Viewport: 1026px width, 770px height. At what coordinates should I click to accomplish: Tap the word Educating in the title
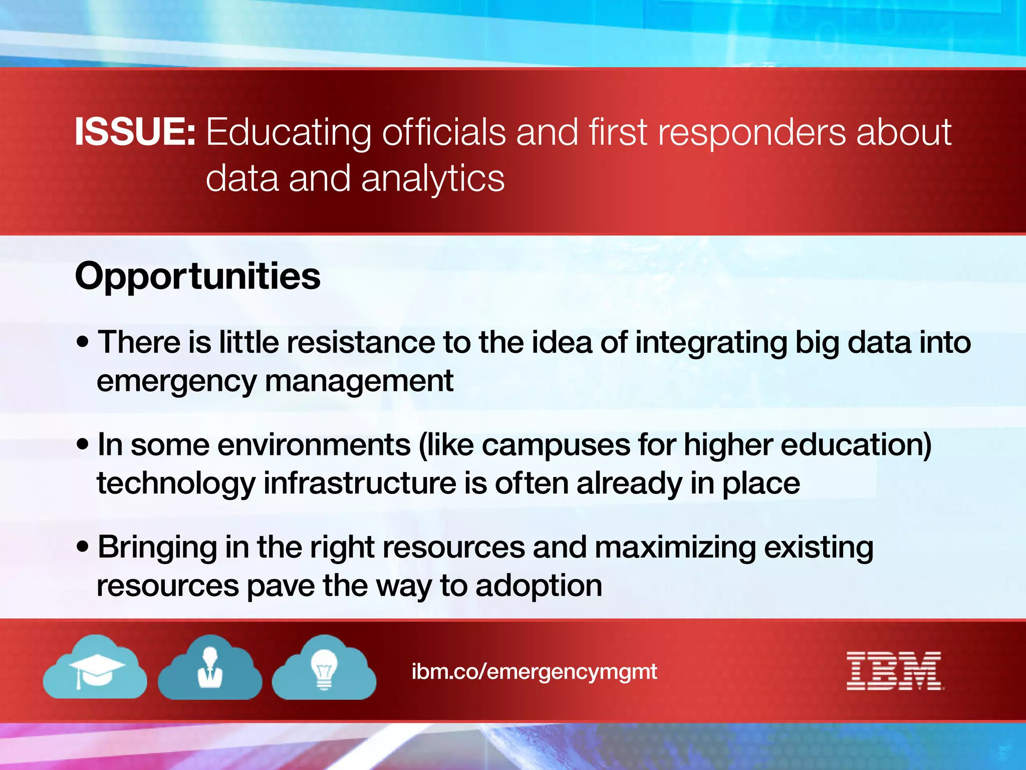[289, 133]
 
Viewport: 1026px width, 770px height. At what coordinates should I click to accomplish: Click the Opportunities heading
[197, 277]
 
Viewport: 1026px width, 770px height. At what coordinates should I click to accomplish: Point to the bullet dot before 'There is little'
[83, 342]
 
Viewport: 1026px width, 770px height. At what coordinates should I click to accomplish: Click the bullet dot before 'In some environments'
[83, 444]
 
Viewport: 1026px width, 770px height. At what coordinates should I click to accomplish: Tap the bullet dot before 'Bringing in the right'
[83, 547]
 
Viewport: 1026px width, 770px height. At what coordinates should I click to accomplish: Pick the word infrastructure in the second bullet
[360, 483]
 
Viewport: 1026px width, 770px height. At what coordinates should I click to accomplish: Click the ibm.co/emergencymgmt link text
[534, 672]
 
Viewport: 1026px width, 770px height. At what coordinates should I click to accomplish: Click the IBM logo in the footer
[894, 671]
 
